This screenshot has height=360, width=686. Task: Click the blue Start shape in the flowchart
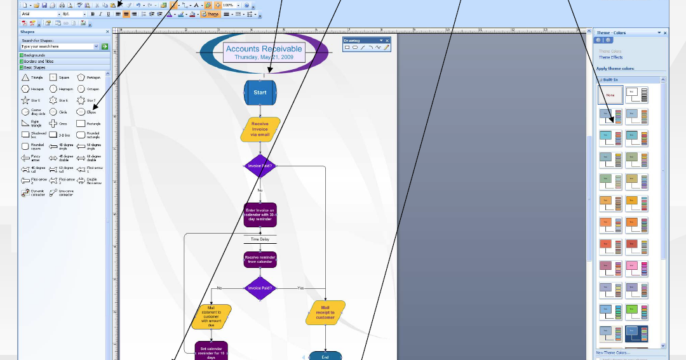[260, 93]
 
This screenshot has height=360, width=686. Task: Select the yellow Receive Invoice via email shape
[260, 129]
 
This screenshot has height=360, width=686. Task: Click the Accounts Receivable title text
[264, 49]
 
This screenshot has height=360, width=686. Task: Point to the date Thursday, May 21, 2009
[264, 57]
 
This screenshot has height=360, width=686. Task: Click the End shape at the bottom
[325, 356]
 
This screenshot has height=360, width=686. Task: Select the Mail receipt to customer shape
[325, 312]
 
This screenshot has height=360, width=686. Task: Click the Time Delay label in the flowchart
[260, 239]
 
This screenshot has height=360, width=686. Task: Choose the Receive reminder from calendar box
[260, 260]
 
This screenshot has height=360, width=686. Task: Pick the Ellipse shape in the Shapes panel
[81, 112]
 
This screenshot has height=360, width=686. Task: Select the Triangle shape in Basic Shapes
[25, 77]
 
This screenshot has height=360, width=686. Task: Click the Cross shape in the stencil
[53, 123]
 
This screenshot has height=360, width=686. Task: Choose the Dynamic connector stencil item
[25, 192]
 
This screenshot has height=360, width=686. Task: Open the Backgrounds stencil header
[38, 56]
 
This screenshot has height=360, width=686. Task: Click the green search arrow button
[105, 46]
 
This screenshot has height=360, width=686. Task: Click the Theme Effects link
[610, 58]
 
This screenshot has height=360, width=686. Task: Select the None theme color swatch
[610, 95]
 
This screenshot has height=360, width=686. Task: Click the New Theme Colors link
[612, 352]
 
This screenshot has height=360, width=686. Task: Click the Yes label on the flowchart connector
[300, 288]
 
